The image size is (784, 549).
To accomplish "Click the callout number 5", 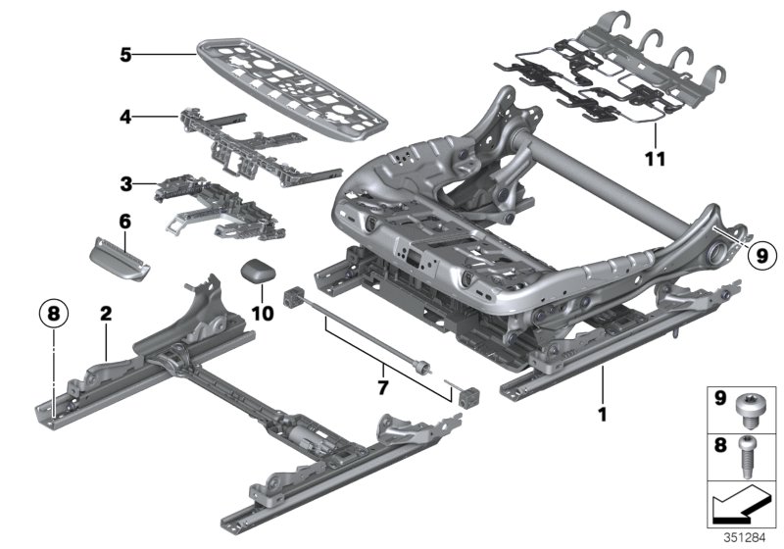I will [x=125, y=55].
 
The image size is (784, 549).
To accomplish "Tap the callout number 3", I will [x=124, y=183].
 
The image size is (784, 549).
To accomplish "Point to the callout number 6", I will [x=124, y=223].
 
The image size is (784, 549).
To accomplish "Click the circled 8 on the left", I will [x=53, y=315].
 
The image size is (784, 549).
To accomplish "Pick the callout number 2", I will [x=104, y=315].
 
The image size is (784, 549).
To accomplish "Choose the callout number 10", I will [x=260, y=314].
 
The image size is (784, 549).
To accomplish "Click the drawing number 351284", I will [x=746, y=537].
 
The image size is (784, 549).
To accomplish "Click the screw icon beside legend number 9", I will [x=752, y=409].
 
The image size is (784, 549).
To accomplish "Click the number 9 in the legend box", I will [x=718, y=400].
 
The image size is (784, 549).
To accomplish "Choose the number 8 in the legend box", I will [x=718, y=443].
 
